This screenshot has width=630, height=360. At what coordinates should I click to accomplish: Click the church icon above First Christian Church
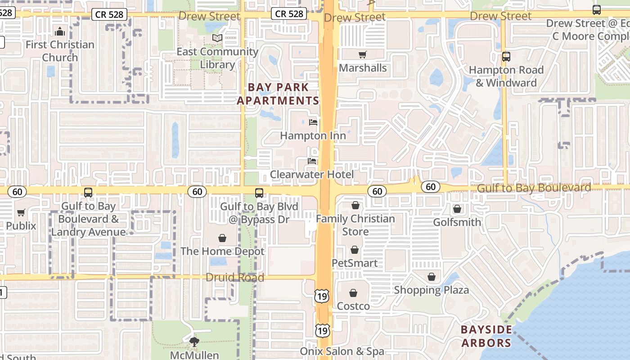(59, 31)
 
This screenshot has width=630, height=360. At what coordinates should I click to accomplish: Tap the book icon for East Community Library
(217, 38)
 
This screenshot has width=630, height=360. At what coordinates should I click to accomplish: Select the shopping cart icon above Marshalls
(362, 55)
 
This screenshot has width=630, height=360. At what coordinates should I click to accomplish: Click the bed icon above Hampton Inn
(313, 122)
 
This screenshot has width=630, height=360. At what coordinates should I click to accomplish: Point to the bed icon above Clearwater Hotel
(312, 161)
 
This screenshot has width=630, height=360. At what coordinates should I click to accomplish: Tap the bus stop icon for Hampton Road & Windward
(506, 57)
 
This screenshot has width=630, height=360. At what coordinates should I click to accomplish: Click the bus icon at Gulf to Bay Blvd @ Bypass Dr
(259, 193)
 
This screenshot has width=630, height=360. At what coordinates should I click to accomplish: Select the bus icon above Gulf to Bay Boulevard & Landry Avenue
(88, 193)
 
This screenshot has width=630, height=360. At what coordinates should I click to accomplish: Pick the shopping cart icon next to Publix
(21, 212)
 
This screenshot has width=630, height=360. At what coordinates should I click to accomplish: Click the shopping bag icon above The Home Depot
(222, 238)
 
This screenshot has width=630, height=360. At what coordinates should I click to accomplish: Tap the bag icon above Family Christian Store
(355, 206)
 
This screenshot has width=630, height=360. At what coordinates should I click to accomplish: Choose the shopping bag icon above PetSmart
(355, 250)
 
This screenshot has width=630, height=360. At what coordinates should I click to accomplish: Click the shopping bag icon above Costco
(353, 293)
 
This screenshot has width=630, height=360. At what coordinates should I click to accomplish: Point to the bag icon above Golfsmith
(457, 209)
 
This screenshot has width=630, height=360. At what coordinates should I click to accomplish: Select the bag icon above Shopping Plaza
(432, 277)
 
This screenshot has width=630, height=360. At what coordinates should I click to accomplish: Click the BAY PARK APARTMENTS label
(278, 94)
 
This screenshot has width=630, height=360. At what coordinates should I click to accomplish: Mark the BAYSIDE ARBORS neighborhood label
(486, 336)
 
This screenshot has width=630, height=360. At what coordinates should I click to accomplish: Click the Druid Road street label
(235, 277)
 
